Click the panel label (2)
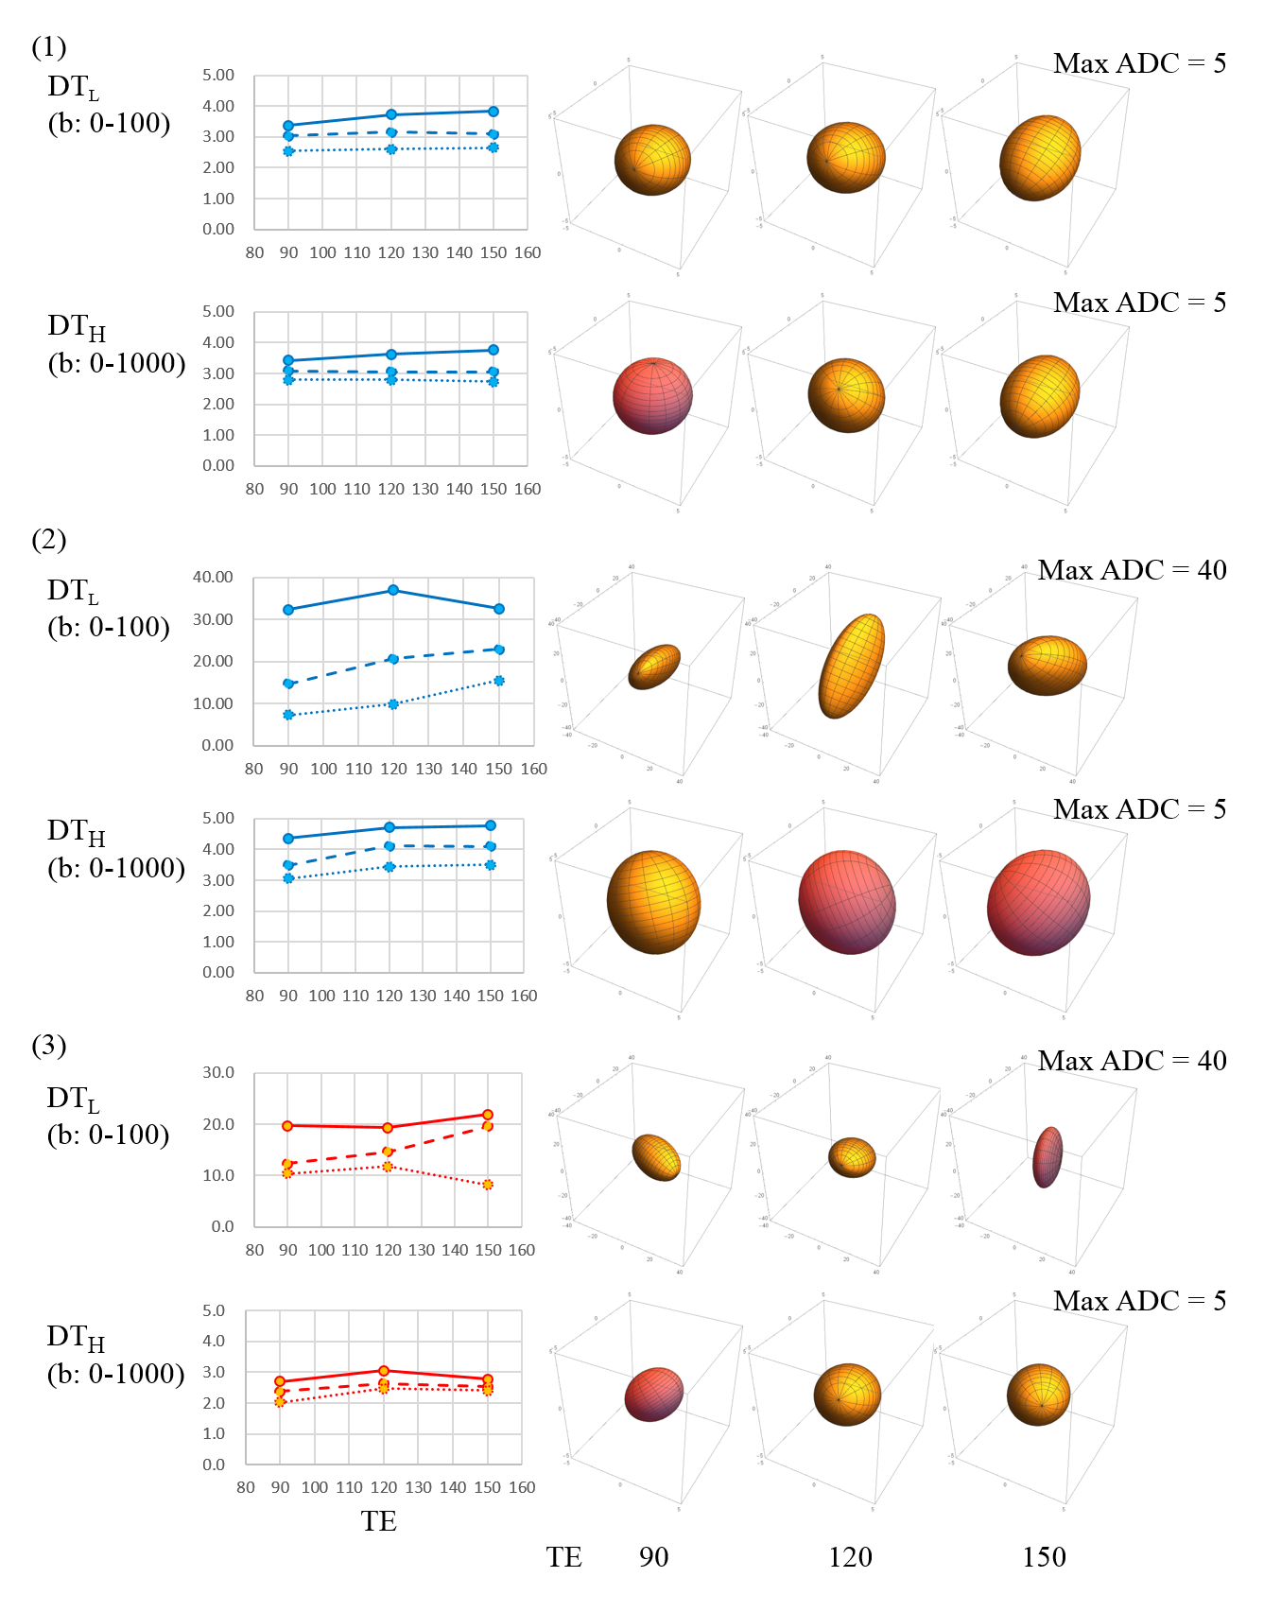[x=49, y=540]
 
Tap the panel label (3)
[x=49, y=1045]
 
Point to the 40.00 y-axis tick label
[x=213, y=577]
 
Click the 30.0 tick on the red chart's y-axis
[x=217, y=1072]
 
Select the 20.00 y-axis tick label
[x=213, y=661]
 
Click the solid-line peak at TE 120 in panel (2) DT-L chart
[x=393, y=590]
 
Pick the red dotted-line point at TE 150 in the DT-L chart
[x=488, y=1185]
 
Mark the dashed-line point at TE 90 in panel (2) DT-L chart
[x=289, y=683]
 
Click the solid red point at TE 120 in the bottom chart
[x=384, y=1371]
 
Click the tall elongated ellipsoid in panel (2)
[x=851, y=666]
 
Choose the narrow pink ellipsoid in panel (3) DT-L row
[x=1048, y=1156]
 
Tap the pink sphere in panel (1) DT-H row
[x=652, y=397]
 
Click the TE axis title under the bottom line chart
[x=378, y=1521]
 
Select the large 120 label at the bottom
[x=850, y=1557]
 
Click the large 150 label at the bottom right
[x=1044, y=1557]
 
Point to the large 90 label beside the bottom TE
[x=653, y=1557]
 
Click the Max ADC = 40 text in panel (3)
[x=1132, y=1061]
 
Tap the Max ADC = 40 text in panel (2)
[x=1132, y=570]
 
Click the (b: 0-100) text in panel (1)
[x=110, y=123]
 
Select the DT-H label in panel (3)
[x=76, y=1337]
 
